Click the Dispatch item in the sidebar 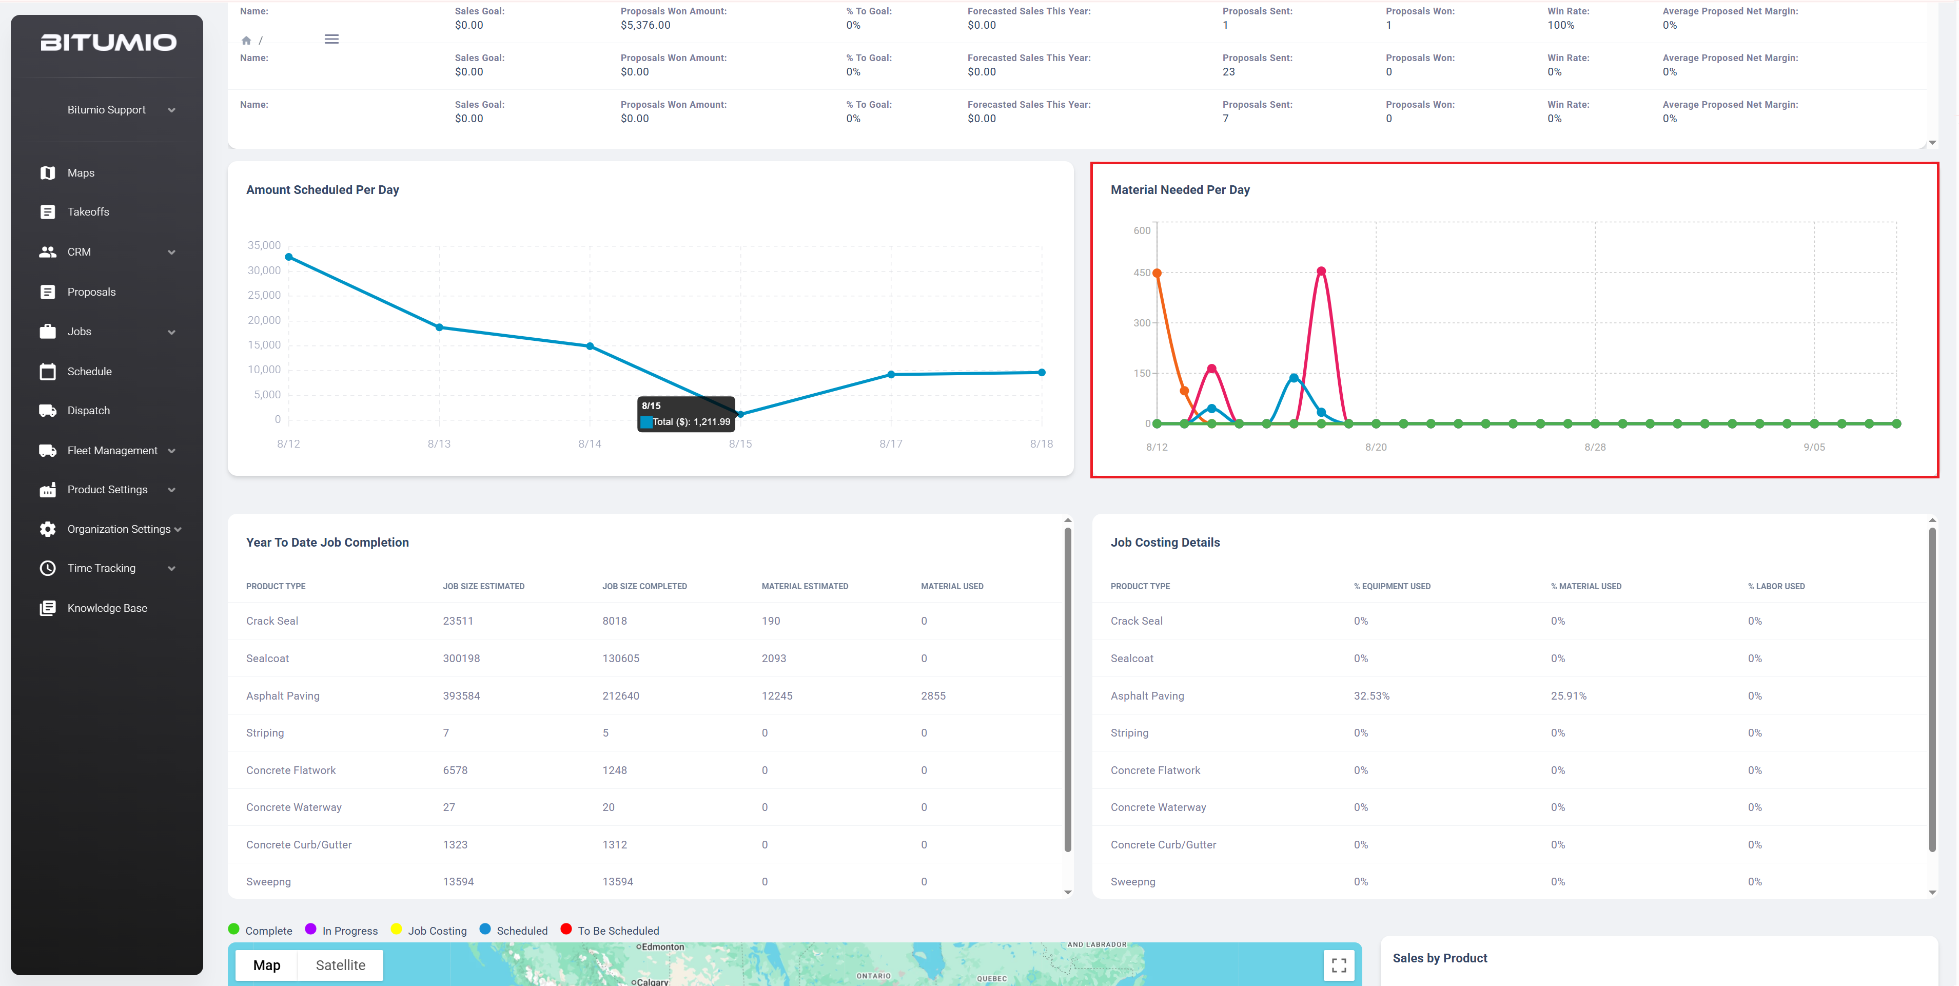(88, 411)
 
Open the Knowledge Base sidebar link (107, 608)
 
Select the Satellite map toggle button (341, 964)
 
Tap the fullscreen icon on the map (1339, 964)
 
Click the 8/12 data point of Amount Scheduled (289, 257)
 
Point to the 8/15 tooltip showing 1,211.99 (686, 414)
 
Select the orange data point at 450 (1157, 273)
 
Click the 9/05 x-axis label (1814, 448)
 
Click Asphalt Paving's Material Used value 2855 (933, 696)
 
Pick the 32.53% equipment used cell (1371, 696)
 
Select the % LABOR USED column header (1776, 587)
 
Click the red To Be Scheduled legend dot (566, 929)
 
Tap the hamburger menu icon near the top (331, 39)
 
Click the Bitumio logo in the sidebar (108, 42)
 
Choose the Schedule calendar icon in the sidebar (48, 371)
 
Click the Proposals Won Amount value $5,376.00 (645, 25)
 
